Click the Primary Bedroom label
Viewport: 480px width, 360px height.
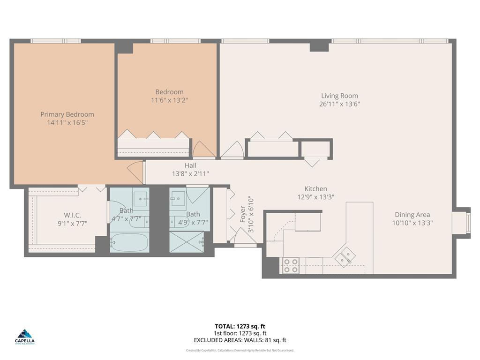67,114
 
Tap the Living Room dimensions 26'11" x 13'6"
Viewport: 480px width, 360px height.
339,104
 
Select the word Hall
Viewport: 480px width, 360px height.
190,165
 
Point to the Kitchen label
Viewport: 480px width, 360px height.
315,189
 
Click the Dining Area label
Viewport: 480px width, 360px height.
412,215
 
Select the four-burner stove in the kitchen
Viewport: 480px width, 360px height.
291,266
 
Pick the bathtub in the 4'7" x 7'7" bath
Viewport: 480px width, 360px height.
129,242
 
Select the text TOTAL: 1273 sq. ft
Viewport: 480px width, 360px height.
240,326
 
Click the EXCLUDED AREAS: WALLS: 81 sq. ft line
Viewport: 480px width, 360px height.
240,340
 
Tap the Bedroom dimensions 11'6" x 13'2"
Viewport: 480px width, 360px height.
169,100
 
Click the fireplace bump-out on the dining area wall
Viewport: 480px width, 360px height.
462,223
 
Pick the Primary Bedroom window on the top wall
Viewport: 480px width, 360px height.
55,41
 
